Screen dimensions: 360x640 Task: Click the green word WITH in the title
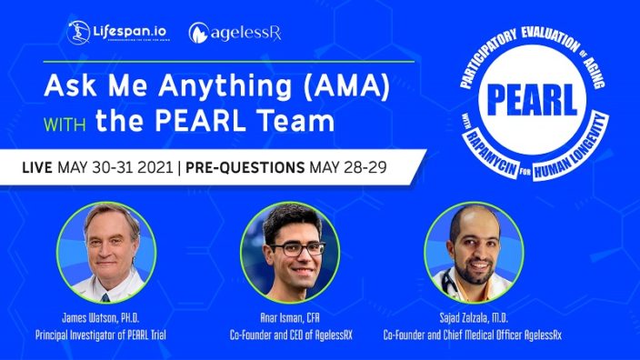click(68, 122)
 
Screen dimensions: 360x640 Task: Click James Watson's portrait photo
click(105, 252)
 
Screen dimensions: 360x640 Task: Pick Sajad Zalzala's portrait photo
click(473, 252)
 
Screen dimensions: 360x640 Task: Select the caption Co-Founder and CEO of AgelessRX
click(289, 335)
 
